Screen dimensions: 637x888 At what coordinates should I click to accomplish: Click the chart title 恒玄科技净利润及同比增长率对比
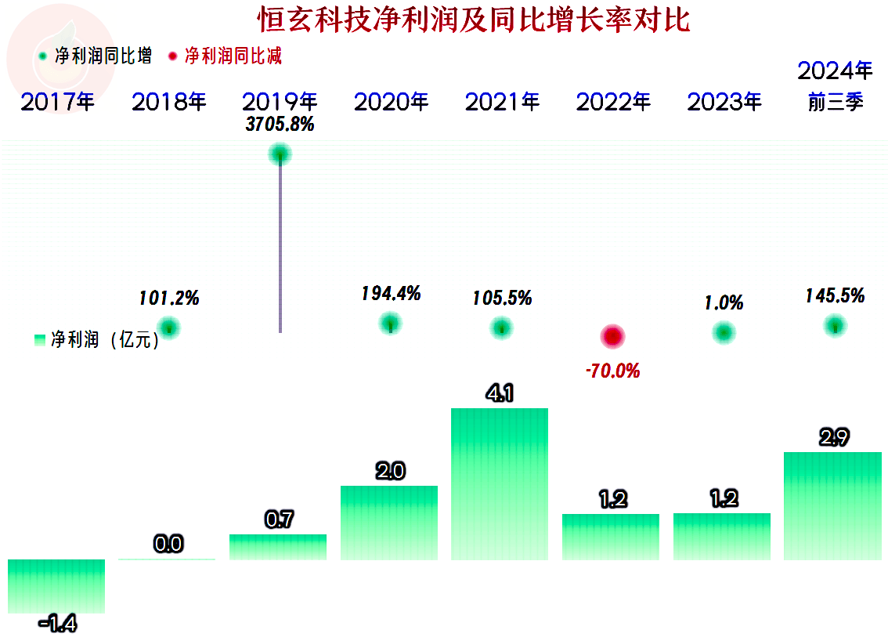[474, 20]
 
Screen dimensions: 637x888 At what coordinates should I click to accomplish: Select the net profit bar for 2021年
[500, 483]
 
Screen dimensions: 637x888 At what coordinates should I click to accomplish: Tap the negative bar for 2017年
[56, 585]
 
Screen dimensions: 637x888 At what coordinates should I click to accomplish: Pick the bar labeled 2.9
[832, 505]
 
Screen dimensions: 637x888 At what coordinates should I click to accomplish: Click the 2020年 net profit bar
[389, 522]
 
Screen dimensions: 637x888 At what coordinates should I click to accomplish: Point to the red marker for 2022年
[612, 337]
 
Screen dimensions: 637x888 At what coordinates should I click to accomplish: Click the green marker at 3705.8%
[280, 154]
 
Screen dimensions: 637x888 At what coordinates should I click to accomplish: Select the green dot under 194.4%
[390, 322]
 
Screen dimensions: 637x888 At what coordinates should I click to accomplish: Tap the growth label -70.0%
[612, 371]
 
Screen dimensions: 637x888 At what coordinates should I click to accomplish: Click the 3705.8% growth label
[280, 125]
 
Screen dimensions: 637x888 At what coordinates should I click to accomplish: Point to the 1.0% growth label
[724, 303]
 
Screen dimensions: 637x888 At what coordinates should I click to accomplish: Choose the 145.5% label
[835, 296]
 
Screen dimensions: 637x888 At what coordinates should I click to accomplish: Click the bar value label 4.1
[500, 394]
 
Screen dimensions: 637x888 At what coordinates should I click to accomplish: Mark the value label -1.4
[58, 624]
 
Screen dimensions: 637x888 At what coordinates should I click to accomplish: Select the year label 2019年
[280, 102]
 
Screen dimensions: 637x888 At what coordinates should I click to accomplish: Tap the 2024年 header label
[835, 71]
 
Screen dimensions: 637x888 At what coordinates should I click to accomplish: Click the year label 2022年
[613, 102]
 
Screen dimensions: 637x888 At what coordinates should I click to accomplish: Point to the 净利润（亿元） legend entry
[97, 340]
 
